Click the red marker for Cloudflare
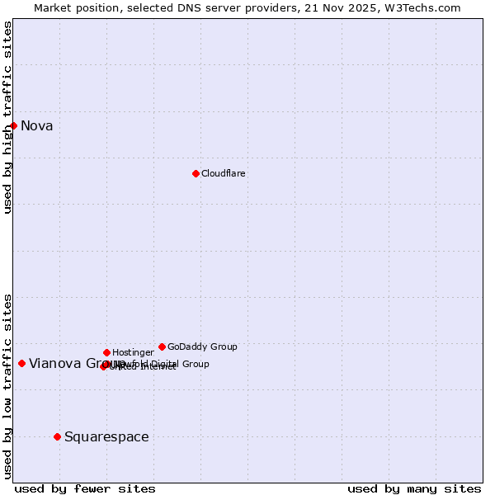coord(196,173)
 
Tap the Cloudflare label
coord(224,174)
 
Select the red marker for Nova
coord(14,125)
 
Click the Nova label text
coord(37,126)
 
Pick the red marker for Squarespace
coord(57,436)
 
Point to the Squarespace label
coord(106,437)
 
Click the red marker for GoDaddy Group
coord(162,346)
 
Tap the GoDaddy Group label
coord(202,347)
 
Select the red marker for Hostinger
coord(106,352)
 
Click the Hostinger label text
coord(134,353)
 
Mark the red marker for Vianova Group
coord(21,363)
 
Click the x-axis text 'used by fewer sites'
coord(85,489)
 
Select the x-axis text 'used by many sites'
coord(414,489)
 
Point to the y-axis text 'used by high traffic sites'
coord(8,117)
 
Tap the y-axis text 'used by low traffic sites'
coord(8,385)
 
